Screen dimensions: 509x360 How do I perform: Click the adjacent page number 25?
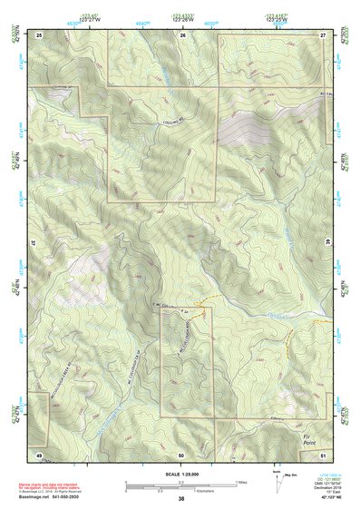point(39,34)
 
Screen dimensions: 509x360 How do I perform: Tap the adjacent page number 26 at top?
point(182,34)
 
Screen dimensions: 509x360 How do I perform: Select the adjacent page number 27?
point(323,34)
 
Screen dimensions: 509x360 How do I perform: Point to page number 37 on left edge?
point(33,244)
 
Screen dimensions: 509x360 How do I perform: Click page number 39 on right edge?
point(328,244)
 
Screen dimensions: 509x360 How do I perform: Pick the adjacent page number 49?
point(39,454)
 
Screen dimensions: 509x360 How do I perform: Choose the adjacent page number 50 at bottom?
point(182,454)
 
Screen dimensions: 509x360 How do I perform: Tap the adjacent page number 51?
point(323,454)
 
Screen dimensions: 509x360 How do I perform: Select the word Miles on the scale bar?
point(240,482)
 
